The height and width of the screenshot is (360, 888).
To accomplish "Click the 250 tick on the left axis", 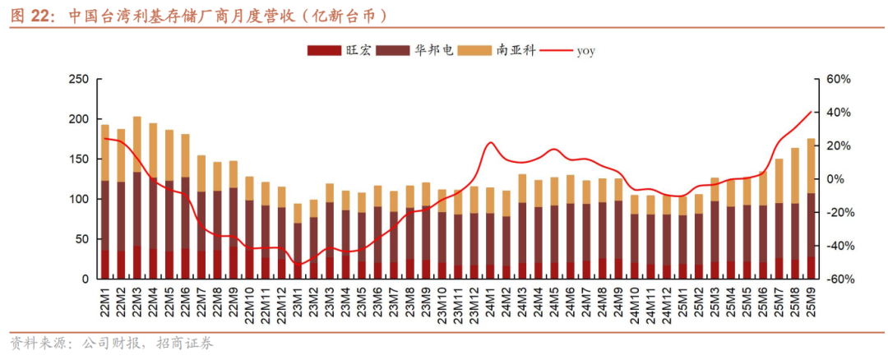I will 78,79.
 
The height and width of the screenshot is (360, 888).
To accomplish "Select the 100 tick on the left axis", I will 78,199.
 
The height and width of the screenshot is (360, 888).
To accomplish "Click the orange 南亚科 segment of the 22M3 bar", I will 137,145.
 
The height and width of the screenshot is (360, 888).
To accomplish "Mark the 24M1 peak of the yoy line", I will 491,143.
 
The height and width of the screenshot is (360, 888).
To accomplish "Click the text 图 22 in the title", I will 32,16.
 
